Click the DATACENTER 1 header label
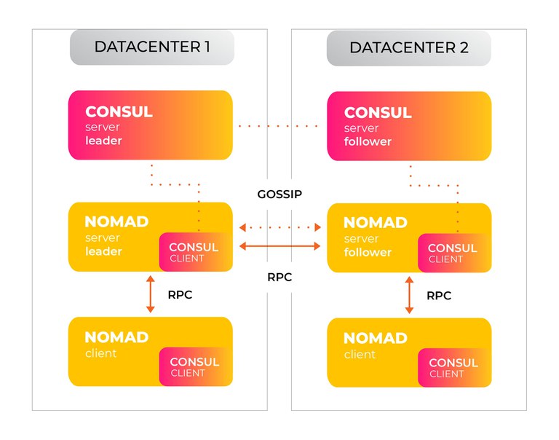[x=152, y=47]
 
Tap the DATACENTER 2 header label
[x=409, y=48]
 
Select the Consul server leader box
[x=151, y=125]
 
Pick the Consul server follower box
[x=409, y=126]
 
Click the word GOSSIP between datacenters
[x=279, y=194]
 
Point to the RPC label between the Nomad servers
[x=279, y=277]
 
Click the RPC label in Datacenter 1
[x=180, y=295]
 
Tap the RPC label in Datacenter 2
[x=439, y=296]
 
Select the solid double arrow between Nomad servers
[x=279, y=246]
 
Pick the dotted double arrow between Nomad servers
[x=279, y=227]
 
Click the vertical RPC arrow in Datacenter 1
[x=151, y=294]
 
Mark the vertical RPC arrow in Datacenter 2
[x=409, y=295]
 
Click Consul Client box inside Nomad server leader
[x=196, y=252]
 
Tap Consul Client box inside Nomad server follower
[x=454, y=253]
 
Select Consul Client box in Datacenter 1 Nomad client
[x=196, y=367]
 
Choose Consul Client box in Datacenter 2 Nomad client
[x=454, y=368]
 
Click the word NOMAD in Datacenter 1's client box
[x=116, y=337]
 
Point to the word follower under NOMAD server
[x=368, y=252]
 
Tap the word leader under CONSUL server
[x=103, y=141]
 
